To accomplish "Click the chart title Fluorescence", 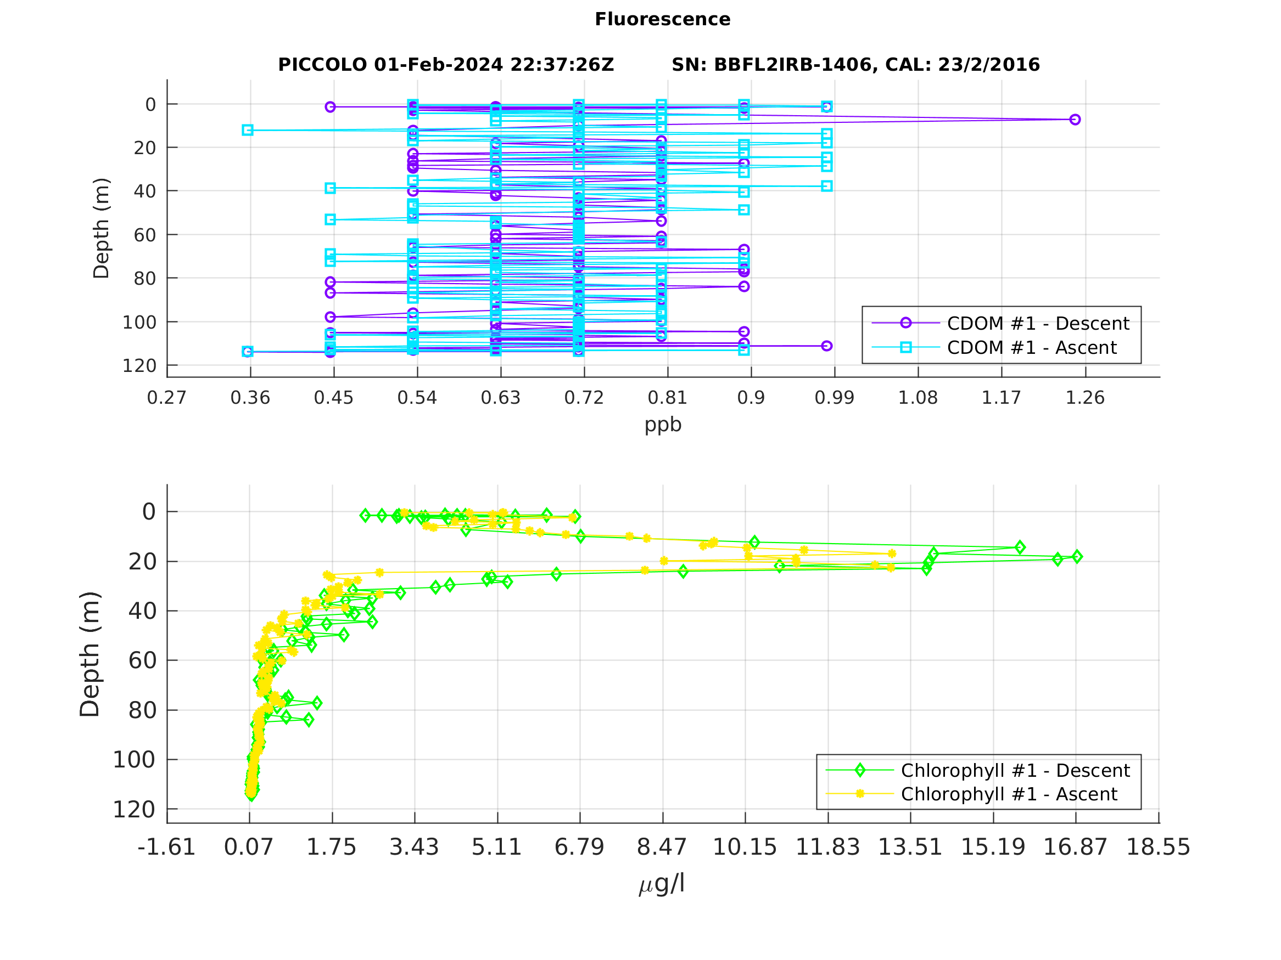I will click(x=663, y=20).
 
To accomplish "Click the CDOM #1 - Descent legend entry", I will click(x=1038, y=324).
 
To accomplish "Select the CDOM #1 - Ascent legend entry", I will click(x=1031, y=348).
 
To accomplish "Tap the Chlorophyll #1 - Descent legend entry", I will click(x=1015, y=771).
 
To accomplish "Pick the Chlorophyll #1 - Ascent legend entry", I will click(x=1009, y=794).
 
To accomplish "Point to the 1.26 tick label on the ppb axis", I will click(x=1084, y=398).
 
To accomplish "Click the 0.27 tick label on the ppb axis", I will click(x=167, y=398).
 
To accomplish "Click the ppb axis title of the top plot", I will click(x=663, y=425).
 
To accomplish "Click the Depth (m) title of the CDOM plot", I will click(x=102, y=228).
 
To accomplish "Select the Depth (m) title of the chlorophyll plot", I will click(x=91, y=654).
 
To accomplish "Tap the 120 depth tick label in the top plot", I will click(x=139, y=366).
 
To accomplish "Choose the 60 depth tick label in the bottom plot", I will click(x=142, y=660).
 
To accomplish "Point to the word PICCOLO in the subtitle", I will click(x=322, y=65).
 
